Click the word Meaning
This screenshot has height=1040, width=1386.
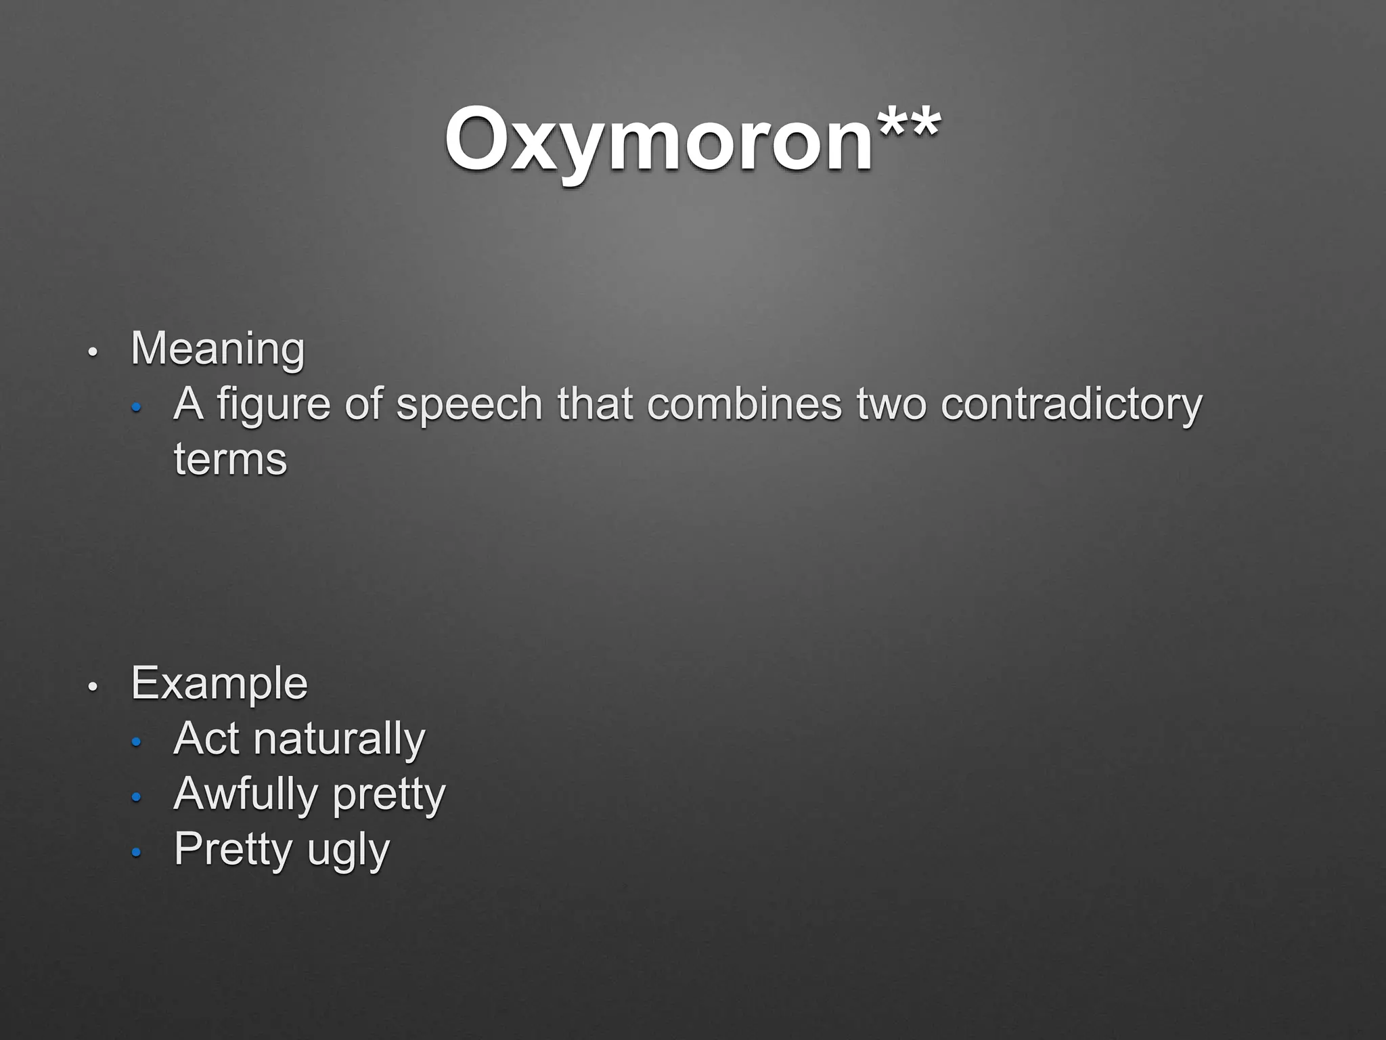pyautogui.click(x=217, y=349)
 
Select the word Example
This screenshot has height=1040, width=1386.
pyautogui.click(x=219, y=683)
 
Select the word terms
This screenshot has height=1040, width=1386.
pyautogui.click(x=230, y=460)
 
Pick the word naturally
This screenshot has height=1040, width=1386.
pyautogui.click(x=339, y=739)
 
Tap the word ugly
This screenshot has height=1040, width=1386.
pyautogui.click(x=349, y=850)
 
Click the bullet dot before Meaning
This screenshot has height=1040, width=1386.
pyautogui.click(x=93, y=352)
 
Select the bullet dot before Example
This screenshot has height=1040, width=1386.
pyautogui.click(x=93, y=687)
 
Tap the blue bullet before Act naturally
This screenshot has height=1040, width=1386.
pyautogui.click(x=136, y=743)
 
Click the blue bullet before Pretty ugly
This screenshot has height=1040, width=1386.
pyautogui.click(x=136, y=853)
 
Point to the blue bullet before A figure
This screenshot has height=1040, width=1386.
pyautogui.click(x=136, y=408)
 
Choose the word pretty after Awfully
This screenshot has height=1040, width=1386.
pyautogui.click(x=389, y=796)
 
